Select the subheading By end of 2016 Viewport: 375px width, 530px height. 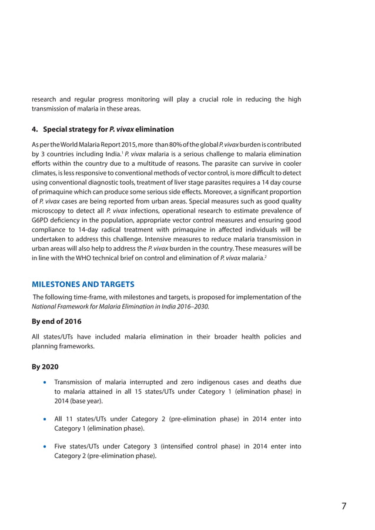click(x=56, y=321)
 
